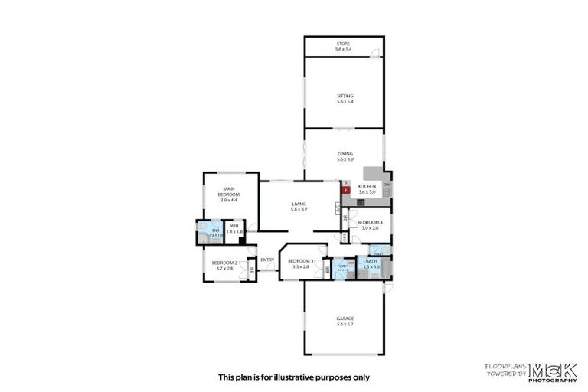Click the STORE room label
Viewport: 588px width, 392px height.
(344, 44)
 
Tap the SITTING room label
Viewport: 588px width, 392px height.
(344, 96)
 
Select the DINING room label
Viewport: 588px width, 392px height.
(345, 154)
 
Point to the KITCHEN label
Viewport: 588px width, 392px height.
(367, 187)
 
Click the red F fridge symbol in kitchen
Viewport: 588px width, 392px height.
(345, 190)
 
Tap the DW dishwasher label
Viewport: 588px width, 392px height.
(387, 185)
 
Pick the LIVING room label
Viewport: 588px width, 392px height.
(299, 204)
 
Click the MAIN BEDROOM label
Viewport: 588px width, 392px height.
(229, 191)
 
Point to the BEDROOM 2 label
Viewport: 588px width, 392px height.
(226, 264)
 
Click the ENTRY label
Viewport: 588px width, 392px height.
(267, 260)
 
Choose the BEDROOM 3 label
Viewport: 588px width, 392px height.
(299, 261)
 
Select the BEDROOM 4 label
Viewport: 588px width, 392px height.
(370, 222)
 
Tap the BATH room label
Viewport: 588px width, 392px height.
(371, 263)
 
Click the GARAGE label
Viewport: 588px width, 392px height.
(345, 318)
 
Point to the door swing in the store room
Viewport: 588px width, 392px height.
(374, 53)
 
